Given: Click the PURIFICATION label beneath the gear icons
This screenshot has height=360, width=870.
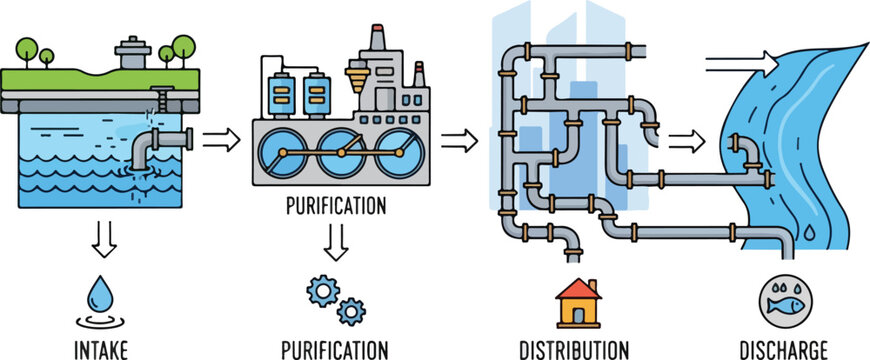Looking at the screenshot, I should pos(335,349).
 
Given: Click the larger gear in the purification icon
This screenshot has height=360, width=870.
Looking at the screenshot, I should pos(322,291).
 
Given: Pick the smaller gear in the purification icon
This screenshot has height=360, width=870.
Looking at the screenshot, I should pos(350,311).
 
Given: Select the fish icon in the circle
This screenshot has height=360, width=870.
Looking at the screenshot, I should pos(785,301).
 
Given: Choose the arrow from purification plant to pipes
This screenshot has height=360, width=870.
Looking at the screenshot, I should pos(459,140).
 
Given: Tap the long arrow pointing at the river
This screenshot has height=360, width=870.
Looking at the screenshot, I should pos(741,65).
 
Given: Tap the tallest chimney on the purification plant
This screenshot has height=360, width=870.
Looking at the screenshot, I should pos(377,40).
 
